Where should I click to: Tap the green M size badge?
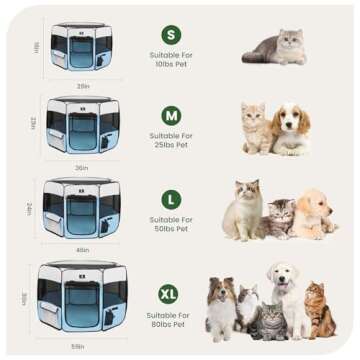[x=172, y=115]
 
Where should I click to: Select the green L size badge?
[x=172, y=200]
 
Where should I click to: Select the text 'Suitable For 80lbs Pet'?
[x=172, y=318]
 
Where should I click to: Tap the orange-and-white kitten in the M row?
[x=256, y=130]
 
